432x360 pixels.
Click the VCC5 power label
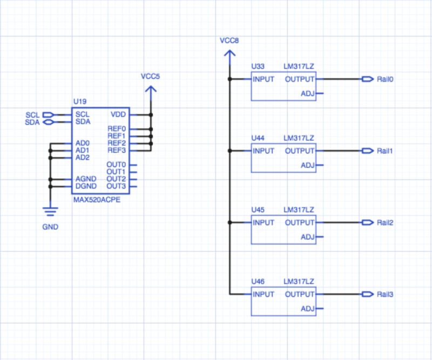150,76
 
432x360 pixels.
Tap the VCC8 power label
230,41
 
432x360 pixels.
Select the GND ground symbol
50,210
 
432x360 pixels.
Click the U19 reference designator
79,101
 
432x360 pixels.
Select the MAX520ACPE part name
96,199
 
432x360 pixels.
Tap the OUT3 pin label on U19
116,186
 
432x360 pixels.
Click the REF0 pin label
117,129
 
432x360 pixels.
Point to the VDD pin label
118,114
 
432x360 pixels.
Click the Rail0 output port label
384,79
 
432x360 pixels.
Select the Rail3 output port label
384,295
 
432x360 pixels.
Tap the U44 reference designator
258,138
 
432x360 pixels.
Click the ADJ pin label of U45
307,237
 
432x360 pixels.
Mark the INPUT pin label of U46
264,295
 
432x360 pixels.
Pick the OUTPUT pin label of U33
300,79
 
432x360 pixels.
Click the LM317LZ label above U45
299,210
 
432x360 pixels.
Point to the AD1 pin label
83,150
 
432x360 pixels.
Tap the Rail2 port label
384,223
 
